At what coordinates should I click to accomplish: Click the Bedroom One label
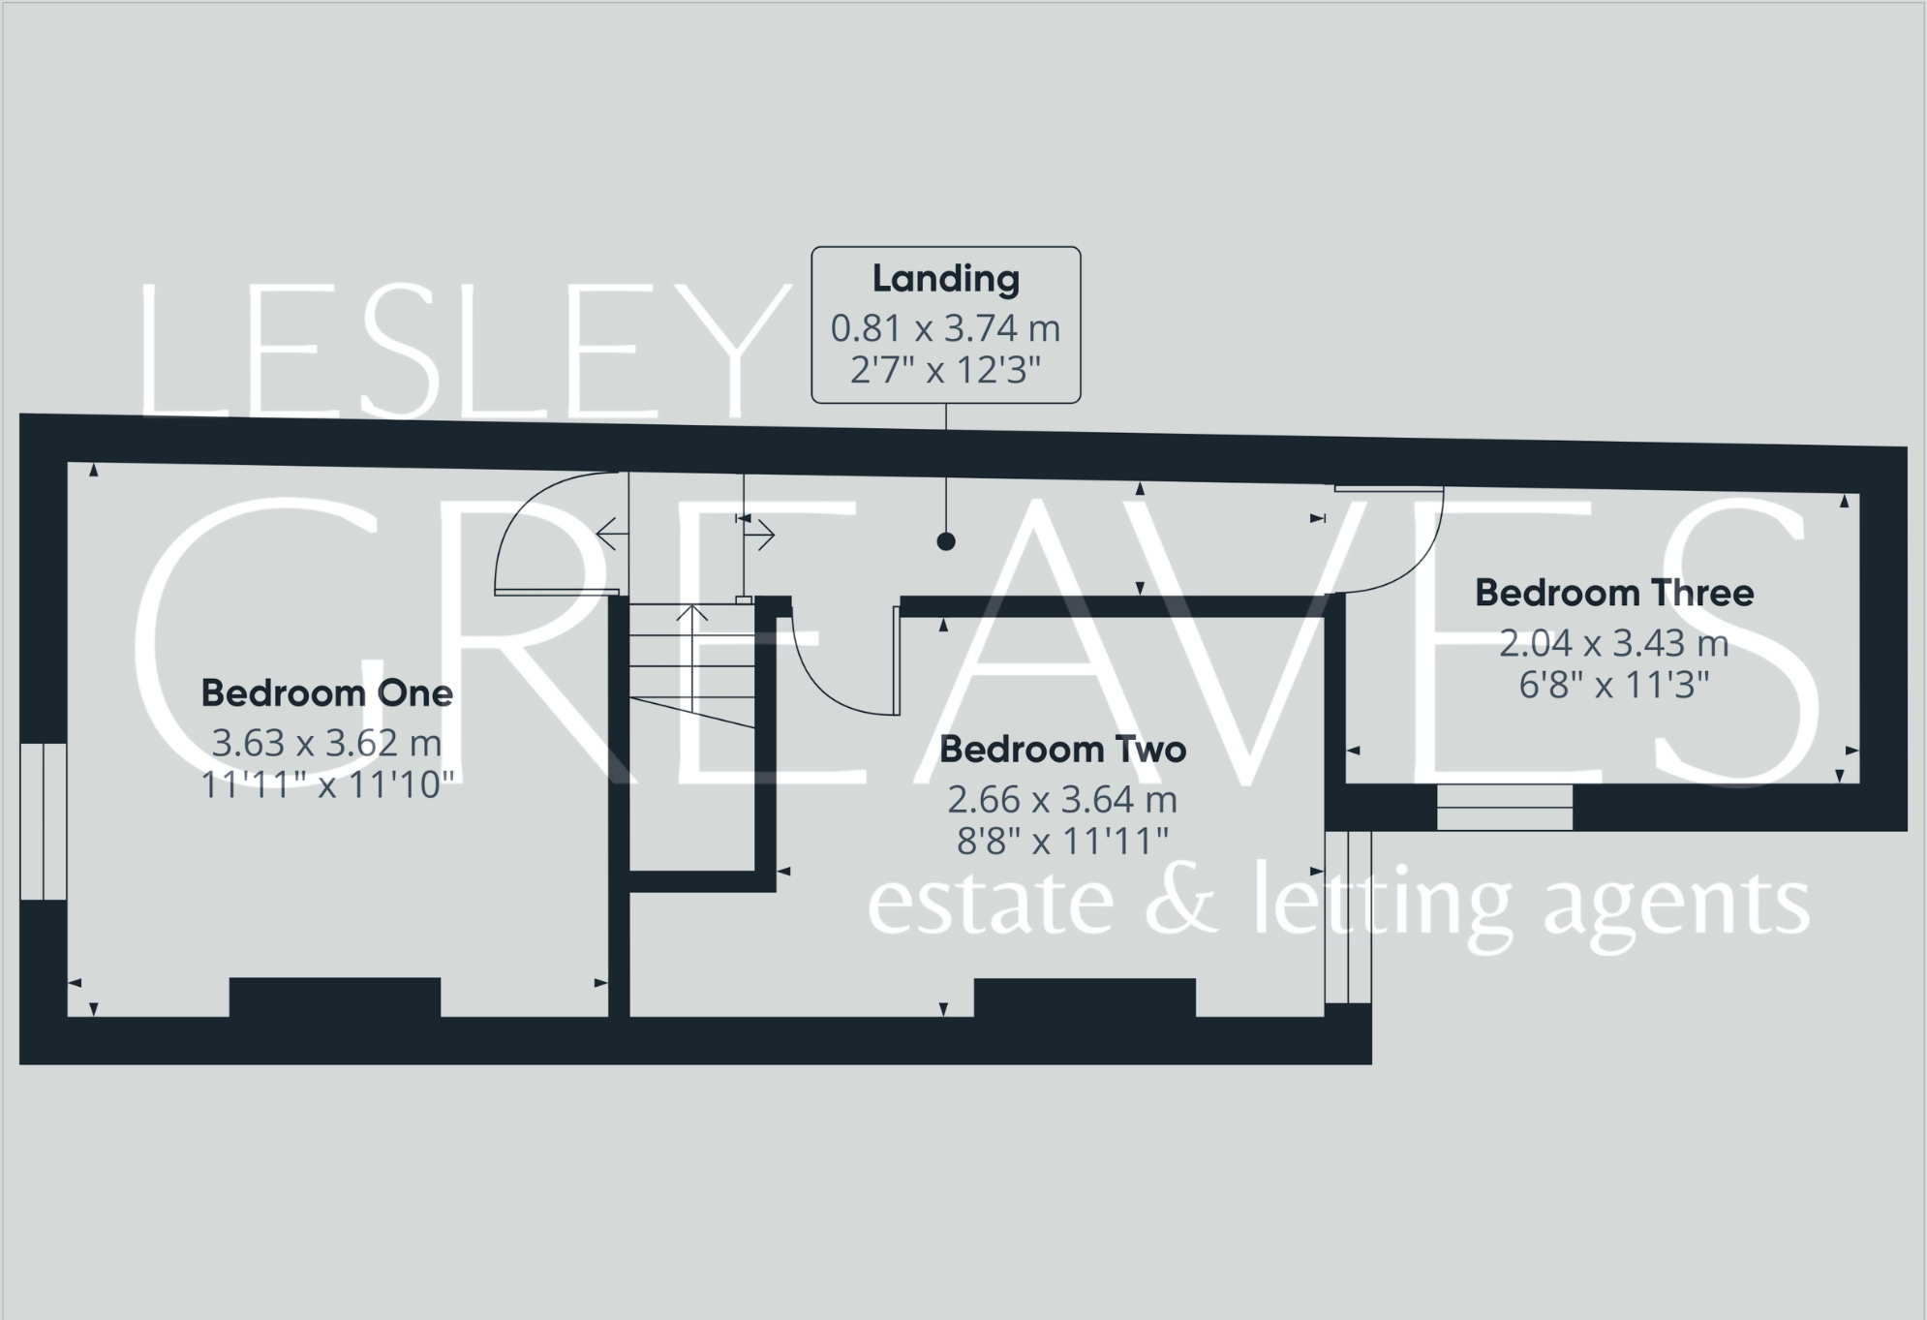(x=326, y=693)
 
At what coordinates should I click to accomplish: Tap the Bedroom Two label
(x=1062, y=750)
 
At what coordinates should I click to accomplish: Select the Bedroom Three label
(x=1613, y=593)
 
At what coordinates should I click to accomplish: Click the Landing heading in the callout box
(x=945, y=279)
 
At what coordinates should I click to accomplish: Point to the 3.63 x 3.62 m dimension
(x=326, y=743)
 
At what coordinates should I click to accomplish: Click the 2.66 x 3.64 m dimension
(x=1062, y=800)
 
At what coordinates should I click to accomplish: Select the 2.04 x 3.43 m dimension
(x=1613, y=643)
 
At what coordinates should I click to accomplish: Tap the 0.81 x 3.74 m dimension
(x=945, y=328)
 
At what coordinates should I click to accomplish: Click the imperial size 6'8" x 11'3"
(x=1613, y=686)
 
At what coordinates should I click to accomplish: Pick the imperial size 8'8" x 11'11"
(x=1062, y=842)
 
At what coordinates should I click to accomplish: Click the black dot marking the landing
(x=946, y=541)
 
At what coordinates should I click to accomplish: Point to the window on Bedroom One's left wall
(x=44, y=821)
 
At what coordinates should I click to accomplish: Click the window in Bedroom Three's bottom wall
(x=1504, y=807)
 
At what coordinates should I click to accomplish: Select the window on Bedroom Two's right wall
(x=1348, y=916)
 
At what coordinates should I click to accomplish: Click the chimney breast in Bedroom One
(x=335, y=998)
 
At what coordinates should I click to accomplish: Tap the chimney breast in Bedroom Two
(x=1085, y=998)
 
